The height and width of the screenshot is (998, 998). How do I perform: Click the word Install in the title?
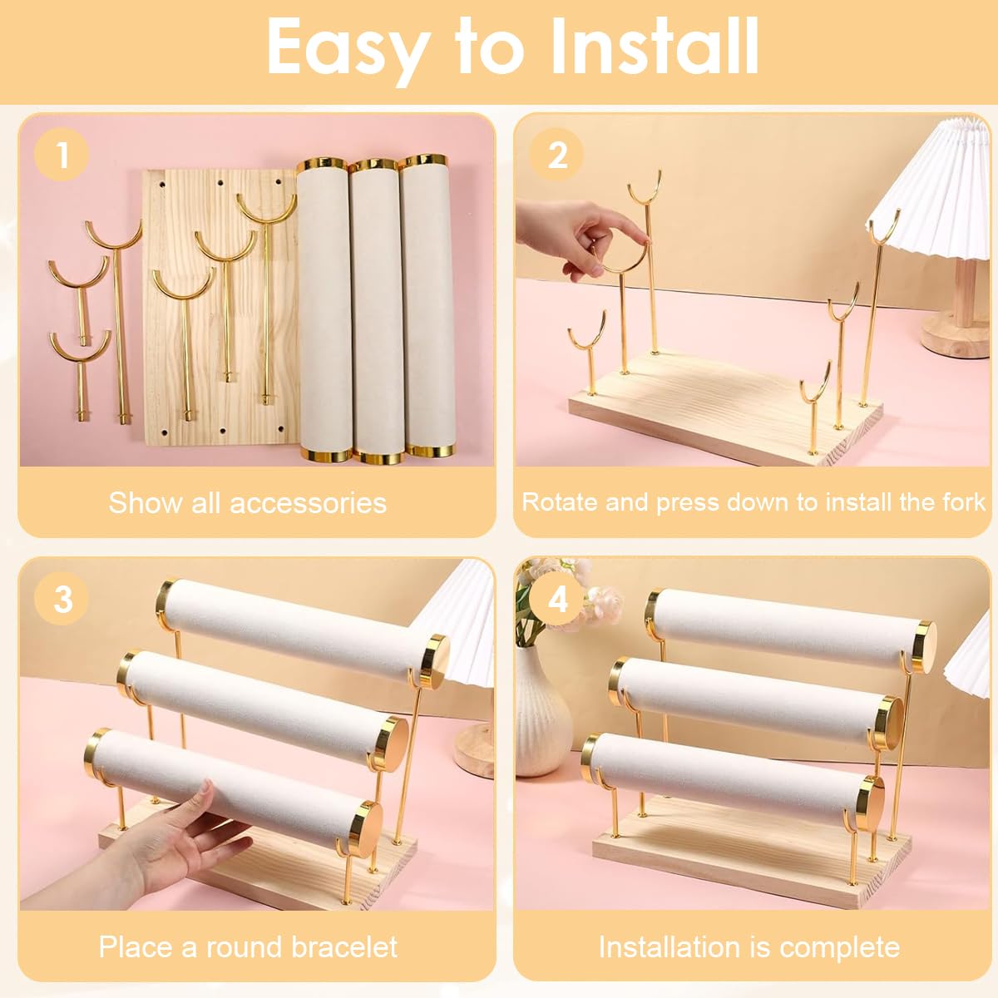tap(655, 47)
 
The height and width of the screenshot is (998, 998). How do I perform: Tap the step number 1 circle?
tap(62, 155)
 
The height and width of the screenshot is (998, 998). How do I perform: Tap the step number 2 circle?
tap(556, 155)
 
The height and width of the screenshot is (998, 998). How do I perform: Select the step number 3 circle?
tap(62, 599)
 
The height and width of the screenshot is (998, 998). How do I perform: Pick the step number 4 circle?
tap(556, 599)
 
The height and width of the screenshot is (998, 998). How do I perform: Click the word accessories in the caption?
tap(308, 503)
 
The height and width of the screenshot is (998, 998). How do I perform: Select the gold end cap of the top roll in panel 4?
tap(925, 647)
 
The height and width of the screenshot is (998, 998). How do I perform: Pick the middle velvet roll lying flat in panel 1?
tap(378, 311)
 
